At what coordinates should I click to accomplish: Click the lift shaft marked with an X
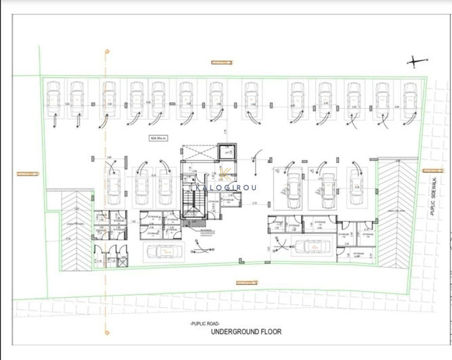click(x=224, y=154)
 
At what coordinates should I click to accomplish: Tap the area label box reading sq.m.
click(x=160, y=137)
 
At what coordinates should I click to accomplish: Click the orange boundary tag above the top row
click(x=221, y=62)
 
